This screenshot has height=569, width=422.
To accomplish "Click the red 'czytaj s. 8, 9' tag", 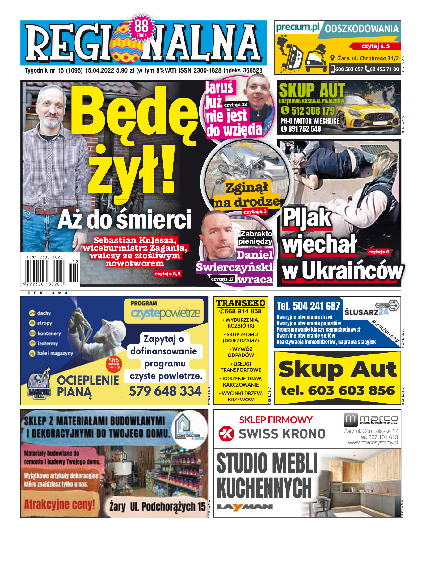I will pos(167,274).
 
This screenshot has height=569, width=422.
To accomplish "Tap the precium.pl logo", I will pos(298,27).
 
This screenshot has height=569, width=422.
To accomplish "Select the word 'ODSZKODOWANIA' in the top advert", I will pos(361,29).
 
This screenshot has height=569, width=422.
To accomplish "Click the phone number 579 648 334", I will pos(165,391).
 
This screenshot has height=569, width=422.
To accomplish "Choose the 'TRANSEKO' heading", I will pos(241,303).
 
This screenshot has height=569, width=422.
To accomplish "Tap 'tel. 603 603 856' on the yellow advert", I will pos(338,391).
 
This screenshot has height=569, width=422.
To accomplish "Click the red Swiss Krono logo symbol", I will pos(226,433).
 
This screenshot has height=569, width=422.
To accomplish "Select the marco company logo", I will pos(370,420).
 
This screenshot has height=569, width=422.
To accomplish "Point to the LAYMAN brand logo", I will pos(245,507).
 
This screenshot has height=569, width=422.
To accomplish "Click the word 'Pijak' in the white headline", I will pos(306,217).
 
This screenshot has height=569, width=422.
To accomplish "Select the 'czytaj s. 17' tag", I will pos(222,279).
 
